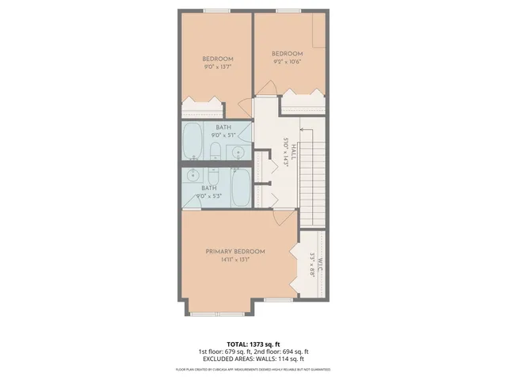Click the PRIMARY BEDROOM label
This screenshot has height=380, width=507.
point(234,251)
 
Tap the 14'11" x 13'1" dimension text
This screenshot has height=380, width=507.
point(234,259)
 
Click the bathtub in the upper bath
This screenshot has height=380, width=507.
point(193,140)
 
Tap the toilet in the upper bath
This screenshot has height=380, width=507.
point(215,150)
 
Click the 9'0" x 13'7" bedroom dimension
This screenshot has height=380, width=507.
point(217,66)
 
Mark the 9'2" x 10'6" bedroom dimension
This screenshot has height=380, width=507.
point(286,61)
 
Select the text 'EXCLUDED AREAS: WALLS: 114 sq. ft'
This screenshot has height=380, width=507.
point(253,359)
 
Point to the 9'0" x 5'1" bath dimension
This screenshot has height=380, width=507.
point(223,135)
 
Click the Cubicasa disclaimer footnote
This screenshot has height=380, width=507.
point(253,370)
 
